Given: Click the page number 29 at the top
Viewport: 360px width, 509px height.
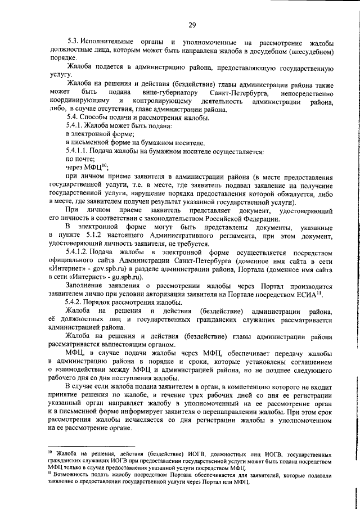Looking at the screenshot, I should coord(192,24).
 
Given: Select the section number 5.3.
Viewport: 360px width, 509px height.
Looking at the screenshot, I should coord(73,43).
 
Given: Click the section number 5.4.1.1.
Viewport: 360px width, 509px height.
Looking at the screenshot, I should coord(80,151).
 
